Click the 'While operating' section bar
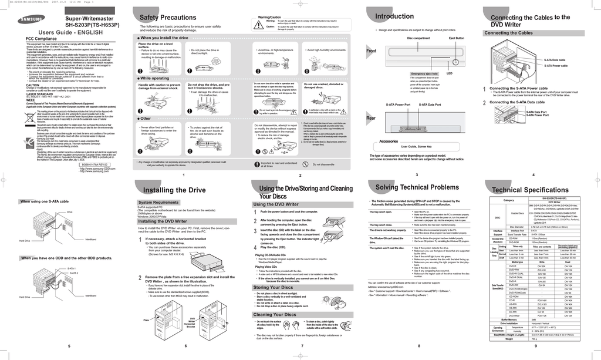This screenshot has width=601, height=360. [x=153, y=78]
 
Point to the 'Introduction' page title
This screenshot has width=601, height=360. [x=394, y=16]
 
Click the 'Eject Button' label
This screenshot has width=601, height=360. [x=456, y=38]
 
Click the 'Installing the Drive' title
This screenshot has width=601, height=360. [x=174, y=190]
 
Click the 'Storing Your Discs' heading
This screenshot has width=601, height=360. [x=273, y=287]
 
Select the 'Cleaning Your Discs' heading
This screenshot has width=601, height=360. [x=274, y=315]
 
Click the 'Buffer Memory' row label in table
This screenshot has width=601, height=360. [x=508, y=319]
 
